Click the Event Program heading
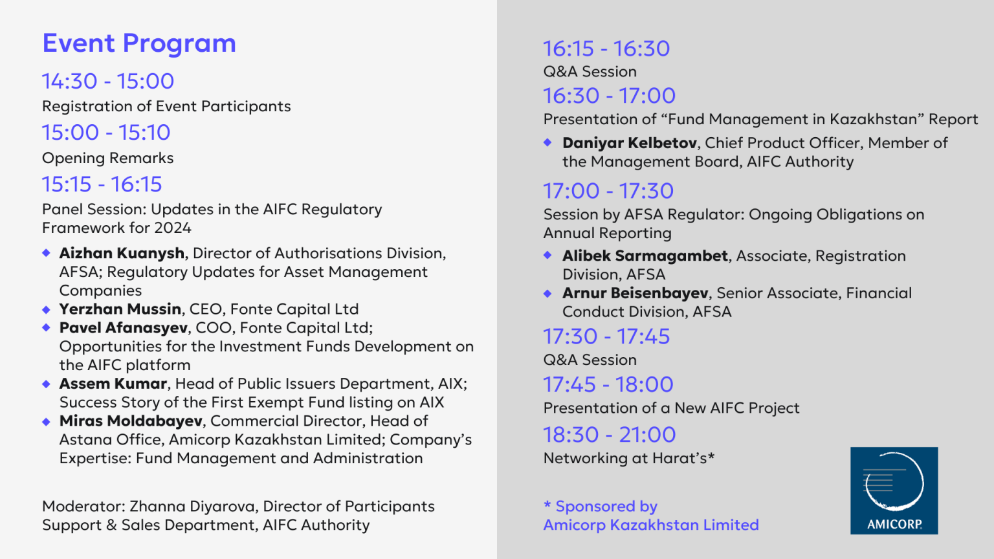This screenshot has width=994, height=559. (x=139, y=44)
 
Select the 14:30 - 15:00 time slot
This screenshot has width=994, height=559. (x=108, y=81)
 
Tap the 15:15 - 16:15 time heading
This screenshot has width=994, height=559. (x=102, y=184)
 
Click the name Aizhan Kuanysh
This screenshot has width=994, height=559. (x=122, y=254)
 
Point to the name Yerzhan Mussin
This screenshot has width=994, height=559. (x=120, y=309)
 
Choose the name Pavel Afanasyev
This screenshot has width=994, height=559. (x=124, y=328)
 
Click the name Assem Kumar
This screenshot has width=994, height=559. (x=113, y=383)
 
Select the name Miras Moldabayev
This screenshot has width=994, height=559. (x=131, y=421)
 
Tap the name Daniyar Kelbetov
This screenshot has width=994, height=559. (x=630, y=143)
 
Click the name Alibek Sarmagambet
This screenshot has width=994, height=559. (x=645, y=256)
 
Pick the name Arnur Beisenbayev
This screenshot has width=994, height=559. (x=635, y=293)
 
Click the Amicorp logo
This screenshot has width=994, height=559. (x=894, y=490)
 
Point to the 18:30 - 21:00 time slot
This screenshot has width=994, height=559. (x=609, y=435)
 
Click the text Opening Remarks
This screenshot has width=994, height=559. (x=108, y=158)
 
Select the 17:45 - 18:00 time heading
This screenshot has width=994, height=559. (x=608, y=385)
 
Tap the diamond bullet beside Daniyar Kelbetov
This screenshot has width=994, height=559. (x=547, y=142)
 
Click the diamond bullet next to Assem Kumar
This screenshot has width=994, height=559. (x=46, y=384)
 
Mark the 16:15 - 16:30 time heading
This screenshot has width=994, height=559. (x=606, y=49)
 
